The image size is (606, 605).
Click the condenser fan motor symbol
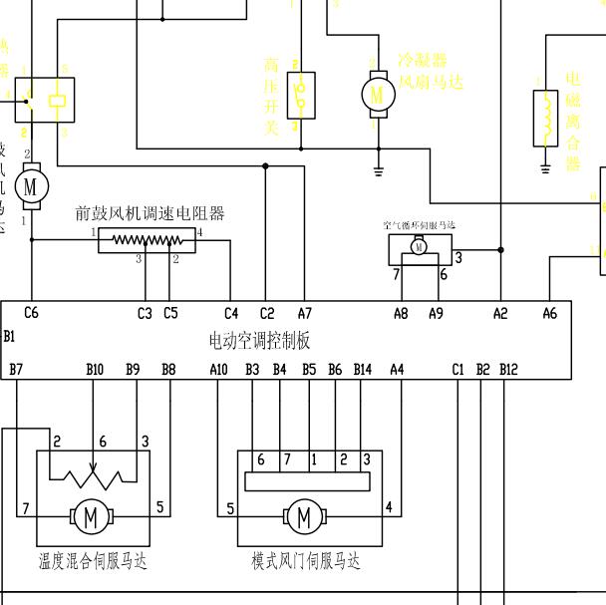377,94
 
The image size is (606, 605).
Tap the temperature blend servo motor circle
91,516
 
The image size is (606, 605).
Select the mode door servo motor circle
303,516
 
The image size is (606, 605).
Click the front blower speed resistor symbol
148,240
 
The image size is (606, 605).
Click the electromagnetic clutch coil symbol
544,115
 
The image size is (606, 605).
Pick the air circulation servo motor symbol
420,247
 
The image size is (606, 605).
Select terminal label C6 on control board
31,313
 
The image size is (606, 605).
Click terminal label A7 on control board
304,313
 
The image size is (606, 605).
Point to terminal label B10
95,370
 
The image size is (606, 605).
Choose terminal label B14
363,370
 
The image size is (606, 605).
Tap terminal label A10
219,370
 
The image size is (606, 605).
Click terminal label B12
508,370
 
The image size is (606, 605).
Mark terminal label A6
549,313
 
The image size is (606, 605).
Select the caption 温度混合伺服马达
92,561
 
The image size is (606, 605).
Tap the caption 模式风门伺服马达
305,561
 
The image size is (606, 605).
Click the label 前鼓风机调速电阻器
150,213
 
